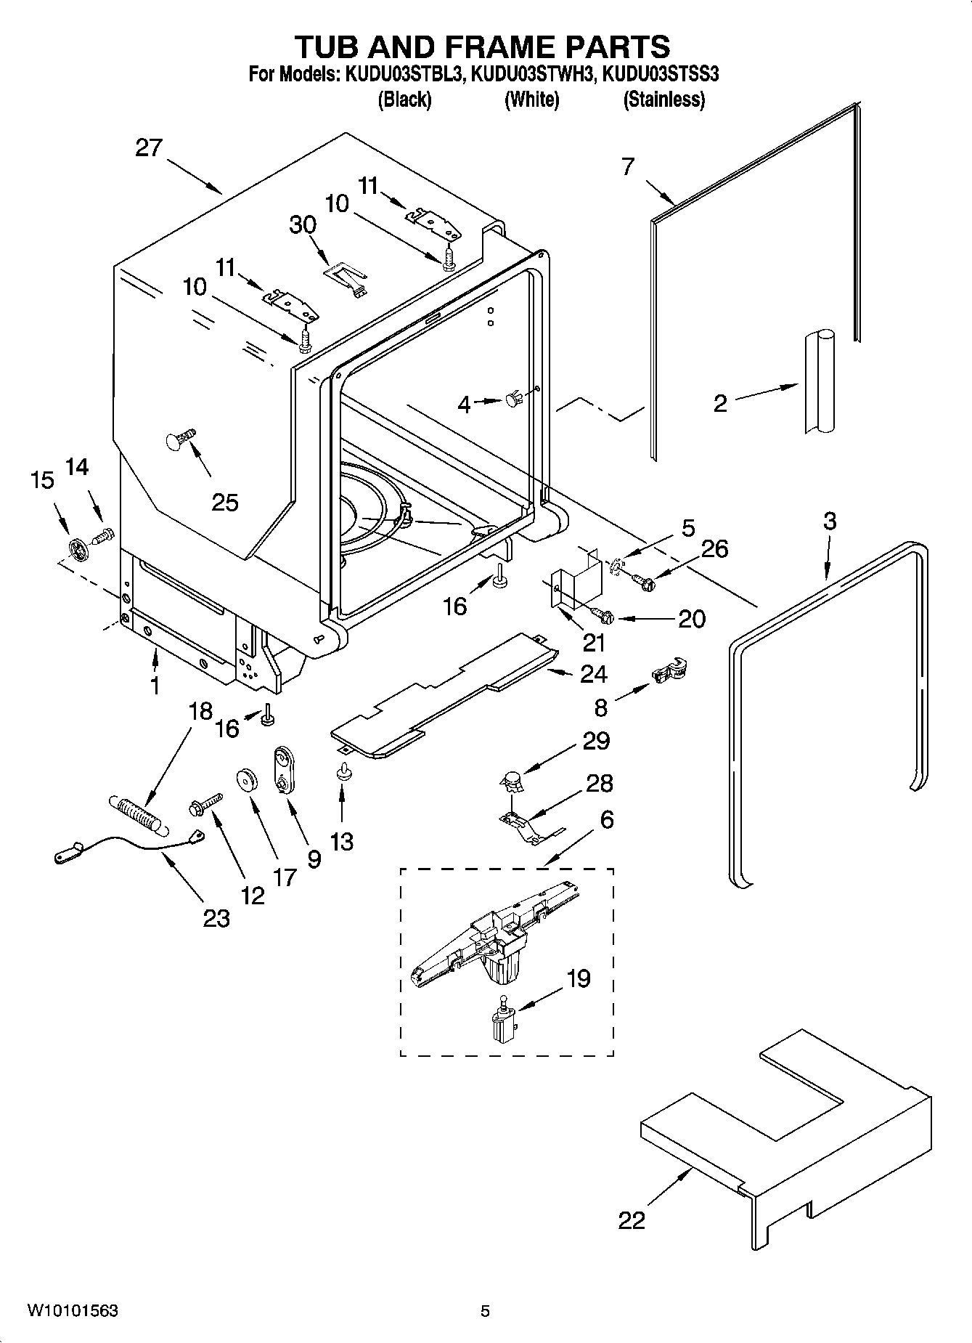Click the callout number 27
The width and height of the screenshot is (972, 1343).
(149, 148)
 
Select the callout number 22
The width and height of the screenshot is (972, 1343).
(632, 1220)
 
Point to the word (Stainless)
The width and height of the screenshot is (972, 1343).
(663, 100)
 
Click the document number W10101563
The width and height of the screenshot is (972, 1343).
(73, 1312)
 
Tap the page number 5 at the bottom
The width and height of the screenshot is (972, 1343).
(485, 1312)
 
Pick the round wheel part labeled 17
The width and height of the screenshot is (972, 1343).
(249, 780)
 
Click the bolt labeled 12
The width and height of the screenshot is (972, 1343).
(206, 803)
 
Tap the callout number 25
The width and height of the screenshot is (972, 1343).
(224, 502)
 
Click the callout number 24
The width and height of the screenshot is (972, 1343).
(593, 674)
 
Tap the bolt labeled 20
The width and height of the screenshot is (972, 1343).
(602, 615)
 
